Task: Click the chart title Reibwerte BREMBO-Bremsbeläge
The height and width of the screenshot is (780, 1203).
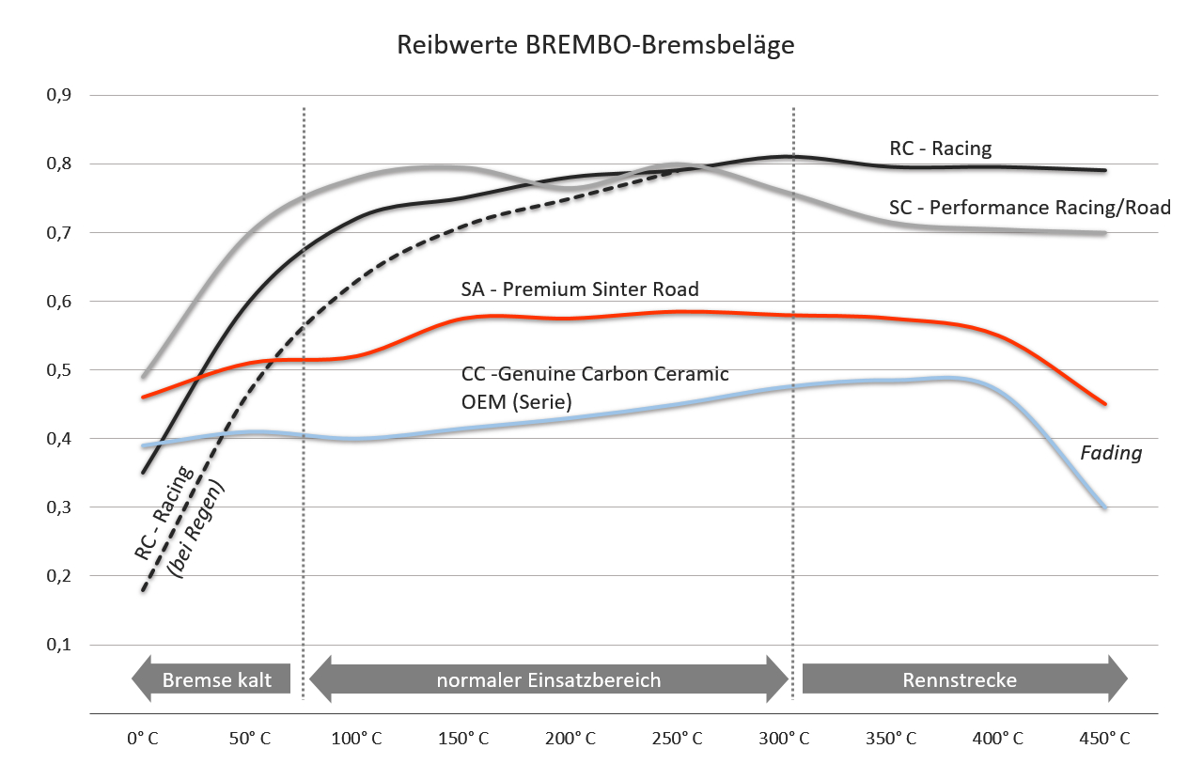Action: [x=596, y=45]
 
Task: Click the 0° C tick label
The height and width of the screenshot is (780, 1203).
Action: [x=142, y=739]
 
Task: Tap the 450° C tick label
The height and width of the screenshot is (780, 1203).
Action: [x=1105, y=739]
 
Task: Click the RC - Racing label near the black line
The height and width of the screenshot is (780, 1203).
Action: [x=941, y=148]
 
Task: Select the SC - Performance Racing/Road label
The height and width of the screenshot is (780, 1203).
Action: [x=1030, y=207]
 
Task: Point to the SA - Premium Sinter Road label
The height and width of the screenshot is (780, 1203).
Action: [x=580, y=289]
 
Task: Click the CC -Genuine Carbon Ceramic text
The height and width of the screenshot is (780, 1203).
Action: [x=595, y=374]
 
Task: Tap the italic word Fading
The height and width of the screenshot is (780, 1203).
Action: [x=1111, y=453]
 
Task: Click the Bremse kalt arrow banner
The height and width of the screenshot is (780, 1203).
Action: [x=211, y=679]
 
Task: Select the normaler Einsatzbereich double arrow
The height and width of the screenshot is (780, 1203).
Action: [x=549, y=679]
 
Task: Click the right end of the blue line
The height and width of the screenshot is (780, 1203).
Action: [x=1104, y=507]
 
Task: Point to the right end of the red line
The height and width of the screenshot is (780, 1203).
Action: [x=1104, y=404]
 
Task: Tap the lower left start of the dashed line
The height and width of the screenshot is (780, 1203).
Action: [x=143, y=590]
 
